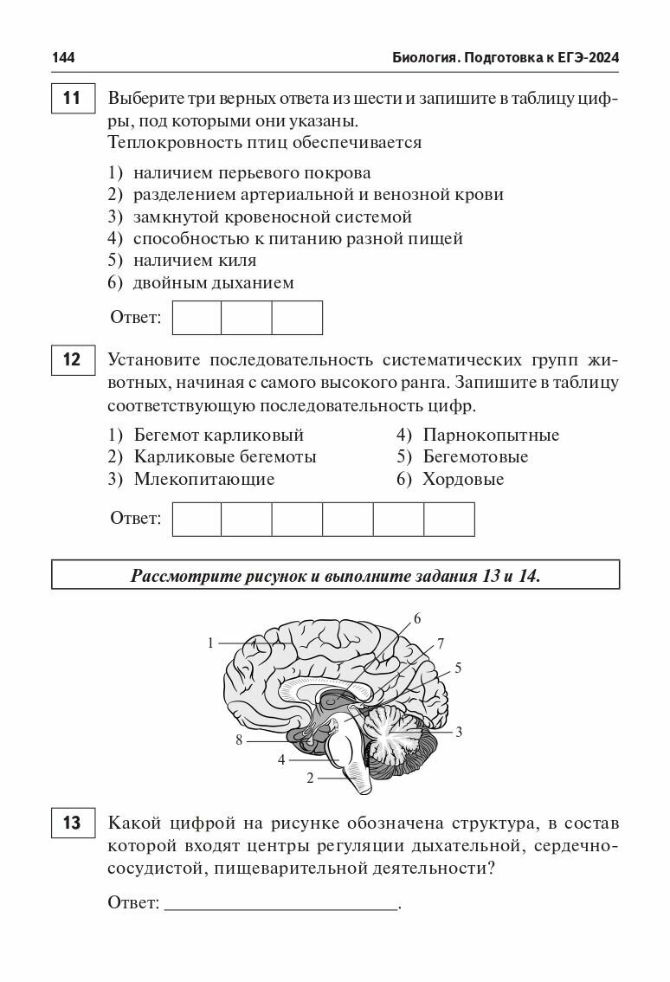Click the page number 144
pos(63,57)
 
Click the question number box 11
pos(73,99)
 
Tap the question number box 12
pos(73,359)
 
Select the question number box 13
pos(73,822)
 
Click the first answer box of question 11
pos(197,318)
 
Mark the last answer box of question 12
pos(449,519)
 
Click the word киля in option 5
pos(238,260)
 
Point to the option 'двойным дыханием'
pos(213,282)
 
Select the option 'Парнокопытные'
pos(490,435)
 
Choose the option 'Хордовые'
pos(462,479)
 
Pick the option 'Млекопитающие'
pos(203,479)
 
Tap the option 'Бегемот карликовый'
pos(218,435)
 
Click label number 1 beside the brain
pos(210,643)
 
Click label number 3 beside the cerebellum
pos(459,732)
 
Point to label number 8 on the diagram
pos(239,740)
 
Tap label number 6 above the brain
pos(416,618)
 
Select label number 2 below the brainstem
pos(309,778)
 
